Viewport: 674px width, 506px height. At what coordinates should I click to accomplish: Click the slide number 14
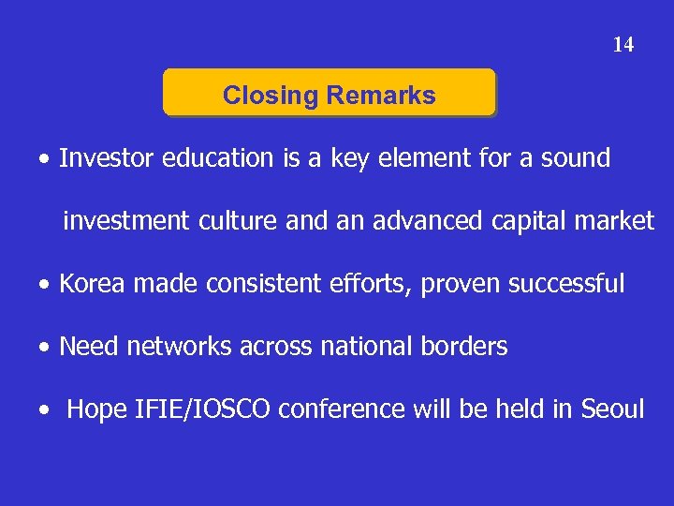click(x=623, y=44)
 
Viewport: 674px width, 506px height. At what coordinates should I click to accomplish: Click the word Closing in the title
click(x=271, y=96)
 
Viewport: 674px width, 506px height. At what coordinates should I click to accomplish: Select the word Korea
click(x=92, y=284)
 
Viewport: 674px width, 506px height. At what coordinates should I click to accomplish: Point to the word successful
click(x=566, y=284)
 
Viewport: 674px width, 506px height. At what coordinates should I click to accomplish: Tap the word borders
click(x=463, y=347)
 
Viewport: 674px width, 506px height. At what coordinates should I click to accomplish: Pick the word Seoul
click(x=613, y=409)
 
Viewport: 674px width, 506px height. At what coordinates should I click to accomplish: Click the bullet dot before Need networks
click(x=45, y=348)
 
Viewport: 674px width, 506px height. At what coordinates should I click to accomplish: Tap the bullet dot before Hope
click(x=45, y=410)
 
